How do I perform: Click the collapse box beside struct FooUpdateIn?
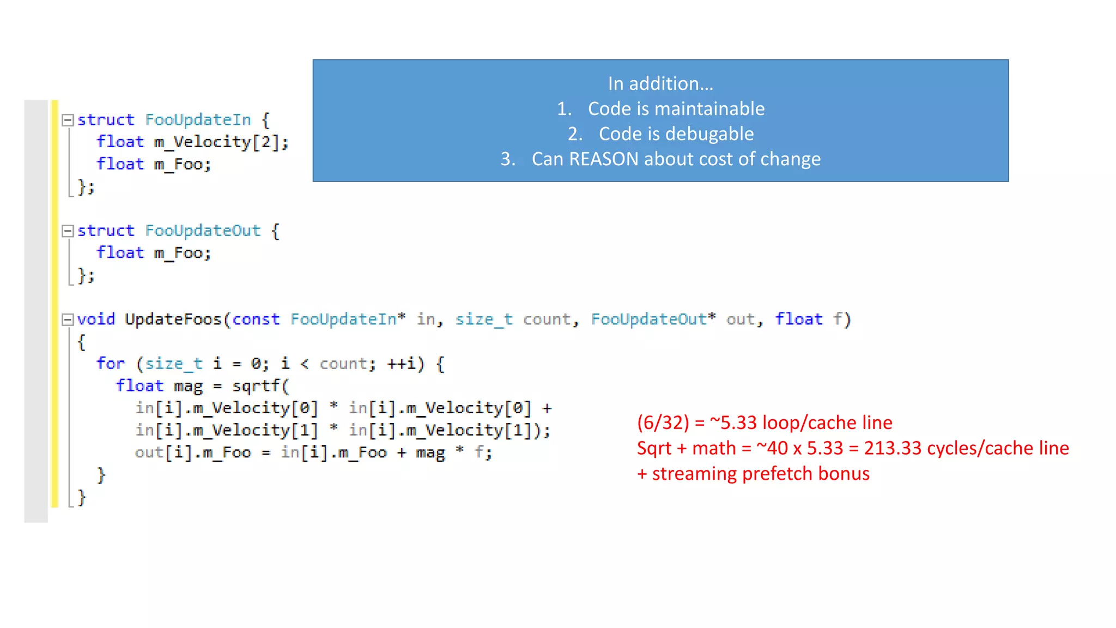(x=68, y=120)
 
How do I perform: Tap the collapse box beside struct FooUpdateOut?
(x=68, y=231)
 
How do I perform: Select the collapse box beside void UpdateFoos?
(x=68, y=319)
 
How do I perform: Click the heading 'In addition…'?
(x=660, y=84)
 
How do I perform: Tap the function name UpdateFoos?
(x=173, y=319)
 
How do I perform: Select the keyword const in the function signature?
(x=256, y=319)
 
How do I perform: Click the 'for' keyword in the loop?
(x=111, y=364)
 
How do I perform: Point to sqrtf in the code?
(x=256, y=386)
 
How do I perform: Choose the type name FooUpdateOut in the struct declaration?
(x=203, y=231)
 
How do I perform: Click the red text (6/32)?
(x=663, y=423)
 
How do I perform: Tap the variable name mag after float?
(x=188, y=386)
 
